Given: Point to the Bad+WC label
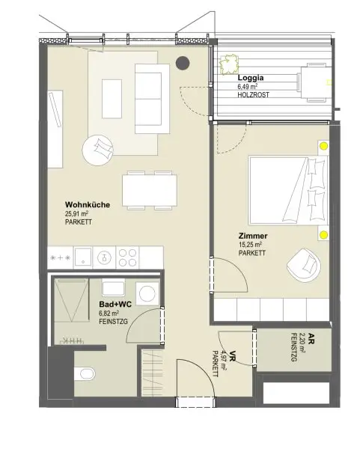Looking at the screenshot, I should (115, 304).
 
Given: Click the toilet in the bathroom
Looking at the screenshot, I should (84, 372).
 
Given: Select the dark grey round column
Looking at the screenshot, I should (182, 63).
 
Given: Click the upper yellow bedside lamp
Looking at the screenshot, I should (323, 147).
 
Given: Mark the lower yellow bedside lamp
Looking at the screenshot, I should (323, 236).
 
